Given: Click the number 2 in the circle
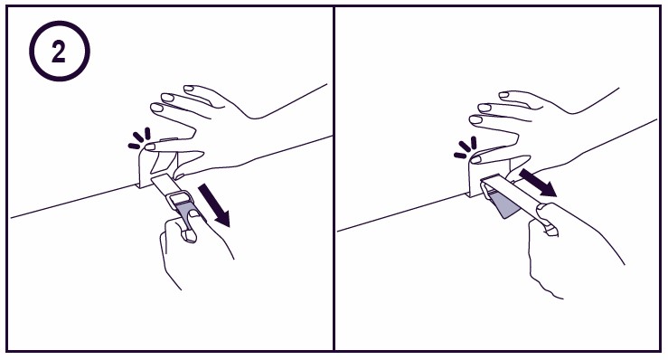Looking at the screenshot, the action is [59, 52].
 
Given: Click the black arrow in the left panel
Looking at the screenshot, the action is [214, 205].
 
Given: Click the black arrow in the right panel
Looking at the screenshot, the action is [537, 181].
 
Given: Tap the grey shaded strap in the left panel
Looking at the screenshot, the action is [186, 211].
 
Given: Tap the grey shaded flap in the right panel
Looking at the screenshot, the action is [503, 204].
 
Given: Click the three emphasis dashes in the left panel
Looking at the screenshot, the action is [140, 139].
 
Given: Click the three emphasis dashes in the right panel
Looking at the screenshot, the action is [466, 147].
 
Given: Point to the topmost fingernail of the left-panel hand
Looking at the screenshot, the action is [189, 89].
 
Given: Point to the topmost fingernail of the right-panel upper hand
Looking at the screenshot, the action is [503, 95].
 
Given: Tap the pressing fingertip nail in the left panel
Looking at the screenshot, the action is [149, 147].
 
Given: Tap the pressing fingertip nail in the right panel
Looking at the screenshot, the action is [475, 159].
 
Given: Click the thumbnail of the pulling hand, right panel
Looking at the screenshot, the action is [550, 231].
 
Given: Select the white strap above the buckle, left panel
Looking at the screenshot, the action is [165, 185].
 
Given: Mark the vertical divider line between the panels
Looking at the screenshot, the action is [334, 178].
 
